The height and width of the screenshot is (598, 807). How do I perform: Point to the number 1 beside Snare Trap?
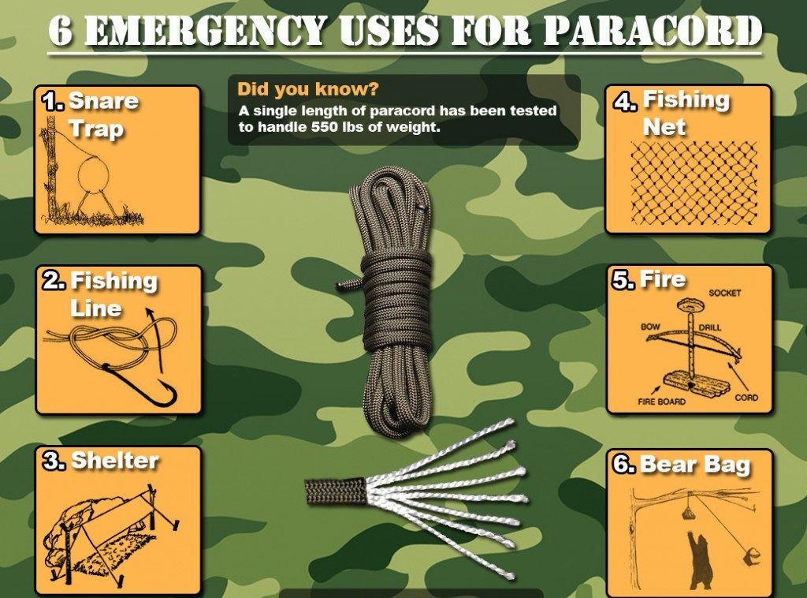[53, 101]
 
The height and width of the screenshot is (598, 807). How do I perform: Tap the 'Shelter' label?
[115, 461]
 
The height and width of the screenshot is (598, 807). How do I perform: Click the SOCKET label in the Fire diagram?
[724, 293]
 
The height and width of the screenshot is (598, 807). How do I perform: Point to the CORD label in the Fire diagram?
[746, 398]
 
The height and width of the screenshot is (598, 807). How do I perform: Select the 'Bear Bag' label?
[694, 465]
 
